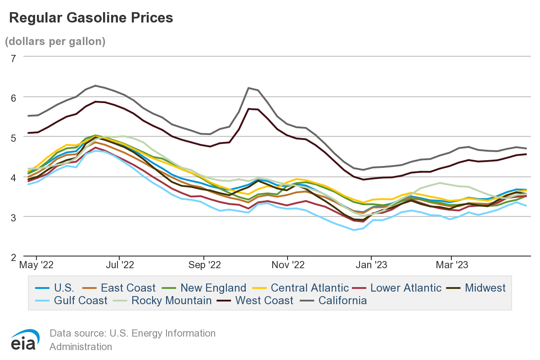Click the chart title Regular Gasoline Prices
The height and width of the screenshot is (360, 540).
tap(91, 18)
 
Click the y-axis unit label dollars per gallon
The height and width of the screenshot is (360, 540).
tap(55, 41)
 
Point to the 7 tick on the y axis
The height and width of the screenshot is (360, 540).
tap(13, 58)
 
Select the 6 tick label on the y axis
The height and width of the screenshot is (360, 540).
tap(13, 97)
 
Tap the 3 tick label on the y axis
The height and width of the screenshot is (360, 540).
tap(13, 217)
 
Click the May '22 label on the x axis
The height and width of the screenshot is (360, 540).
tap(36, 265)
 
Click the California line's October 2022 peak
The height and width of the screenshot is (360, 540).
tap(248, 88)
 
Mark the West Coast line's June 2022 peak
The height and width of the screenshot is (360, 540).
tap(95, 102)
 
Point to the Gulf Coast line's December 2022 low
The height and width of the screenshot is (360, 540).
tap(354, 230)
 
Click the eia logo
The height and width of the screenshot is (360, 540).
tap(25, 340)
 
